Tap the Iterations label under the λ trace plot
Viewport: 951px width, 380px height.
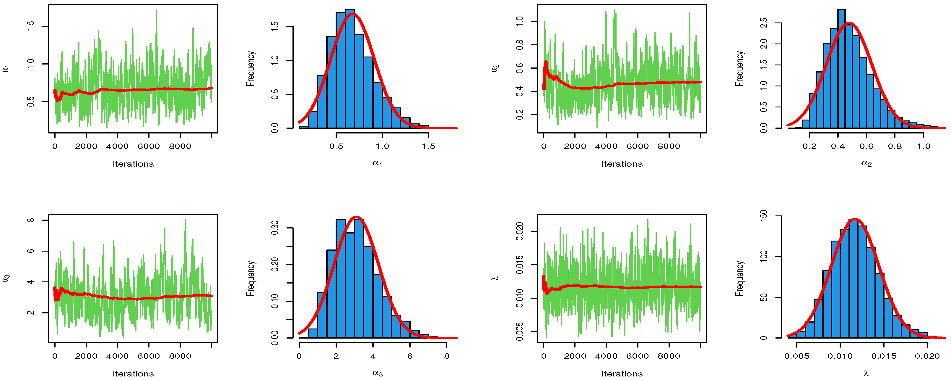tap(622, 374)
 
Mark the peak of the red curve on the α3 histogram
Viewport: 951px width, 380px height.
tap(356, 217)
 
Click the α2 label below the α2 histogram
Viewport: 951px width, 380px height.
tap(866, 163)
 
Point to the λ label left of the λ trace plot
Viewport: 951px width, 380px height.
tap(495, 278)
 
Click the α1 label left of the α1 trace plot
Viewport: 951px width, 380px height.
tap(6, 68)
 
